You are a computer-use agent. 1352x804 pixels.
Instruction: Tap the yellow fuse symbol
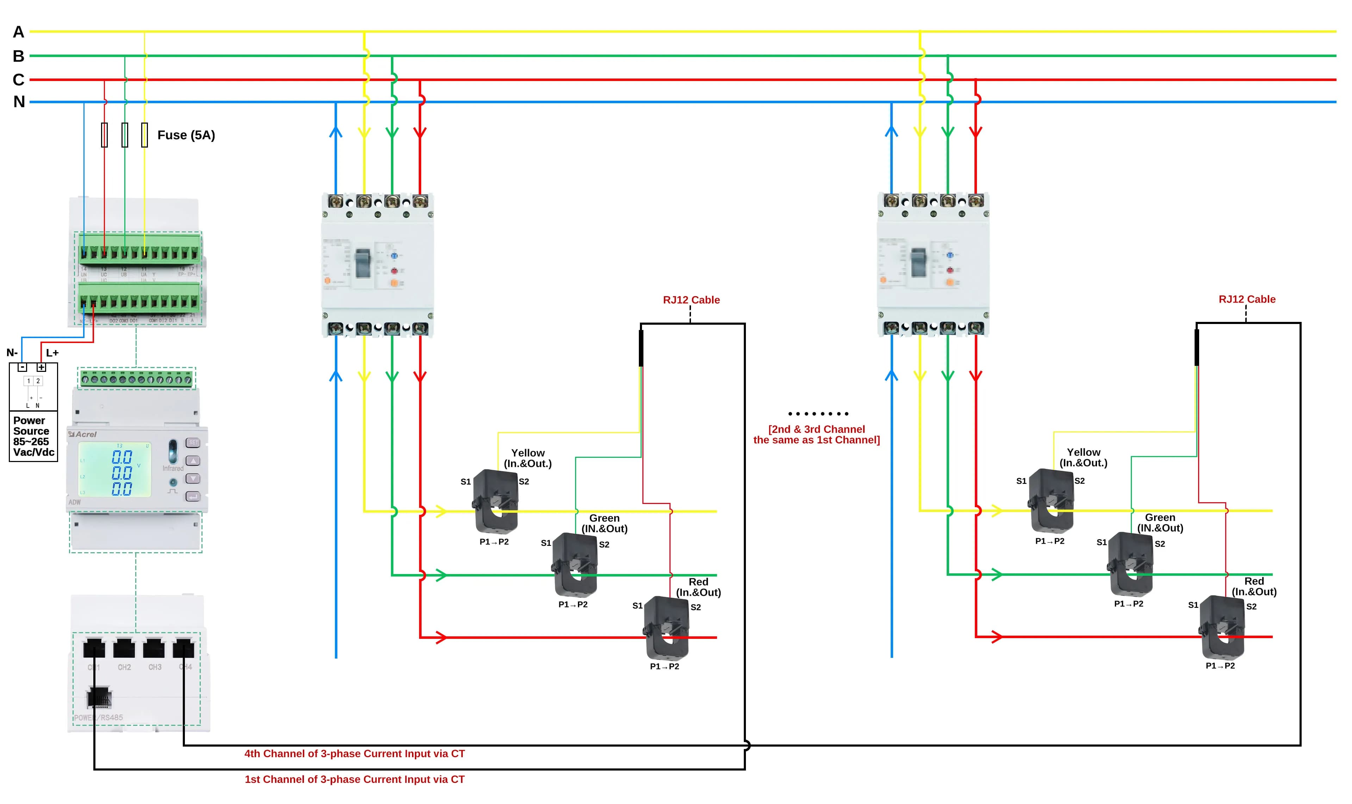coord(144,135)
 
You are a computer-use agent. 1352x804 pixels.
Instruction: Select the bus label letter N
coord(19,102)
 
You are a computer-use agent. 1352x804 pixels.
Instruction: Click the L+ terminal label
coord(52,353)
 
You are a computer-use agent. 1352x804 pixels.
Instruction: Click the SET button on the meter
coord(193,443)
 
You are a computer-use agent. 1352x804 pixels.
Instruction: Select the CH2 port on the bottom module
coord(124,648)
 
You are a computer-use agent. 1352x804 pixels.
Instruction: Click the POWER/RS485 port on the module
coord(99,697)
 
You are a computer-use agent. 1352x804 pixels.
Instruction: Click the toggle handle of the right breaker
coord(918,262)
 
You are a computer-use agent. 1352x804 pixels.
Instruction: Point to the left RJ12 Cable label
coord(691,300)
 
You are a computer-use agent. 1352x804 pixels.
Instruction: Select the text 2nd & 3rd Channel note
coord(816,435)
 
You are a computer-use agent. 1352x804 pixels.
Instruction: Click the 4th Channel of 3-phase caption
coord(354,754)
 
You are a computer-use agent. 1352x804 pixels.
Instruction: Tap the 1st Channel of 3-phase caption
coord(354,779)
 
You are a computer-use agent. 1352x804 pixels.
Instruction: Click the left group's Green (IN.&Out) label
coord(604,523)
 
